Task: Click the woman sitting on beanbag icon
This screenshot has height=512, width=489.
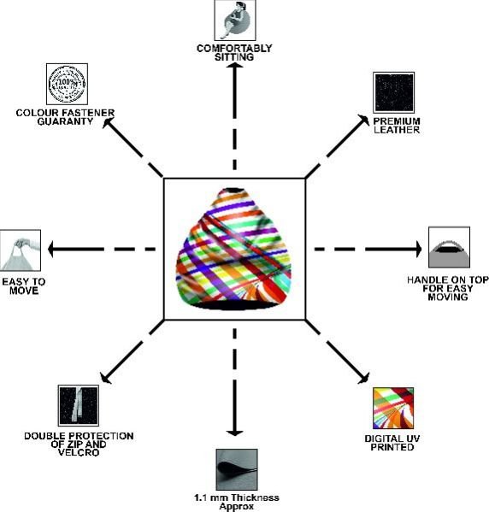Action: coord(235,21)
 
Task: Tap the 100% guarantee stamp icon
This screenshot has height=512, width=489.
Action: coord(67,84)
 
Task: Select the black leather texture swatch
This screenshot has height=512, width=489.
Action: coord(393,92)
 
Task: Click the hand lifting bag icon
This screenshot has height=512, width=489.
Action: coord(21,250)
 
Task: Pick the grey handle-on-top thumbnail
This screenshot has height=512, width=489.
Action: coord(449,247)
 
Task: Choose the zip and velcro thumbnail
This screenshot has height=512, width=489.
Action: coord(79,405)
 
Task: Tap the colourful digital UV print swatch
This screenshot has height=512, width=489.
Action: coord(393,409)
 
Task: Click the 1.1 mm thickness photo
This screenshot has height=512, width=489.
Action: coord(237,469)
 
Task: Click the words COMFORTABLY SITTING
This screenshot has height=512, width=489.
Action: coord(234,53)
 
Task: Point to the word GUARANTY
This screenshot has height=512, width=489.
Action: coord(65,121)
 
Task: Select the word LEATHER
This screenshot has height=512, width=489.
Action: coord(397,130)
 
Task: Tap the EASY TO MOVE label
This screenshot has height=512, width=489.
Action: coord(24,286)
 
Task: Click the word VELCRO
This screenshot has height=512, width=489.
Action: coord(79,452)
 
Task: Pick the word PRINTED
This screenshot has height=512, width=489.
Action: coord(392,447)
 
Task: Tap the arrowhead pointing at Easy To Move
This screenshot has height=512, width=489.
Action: coord(51,250)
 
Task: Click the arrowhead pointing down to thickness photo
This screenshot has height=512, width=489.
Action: coord(234,433)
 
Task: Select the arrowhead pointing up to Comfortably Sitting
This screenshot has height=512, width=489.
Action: coord(234,66)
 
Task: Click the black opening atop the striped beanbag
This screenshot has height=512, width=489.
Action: coord(233,190)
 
